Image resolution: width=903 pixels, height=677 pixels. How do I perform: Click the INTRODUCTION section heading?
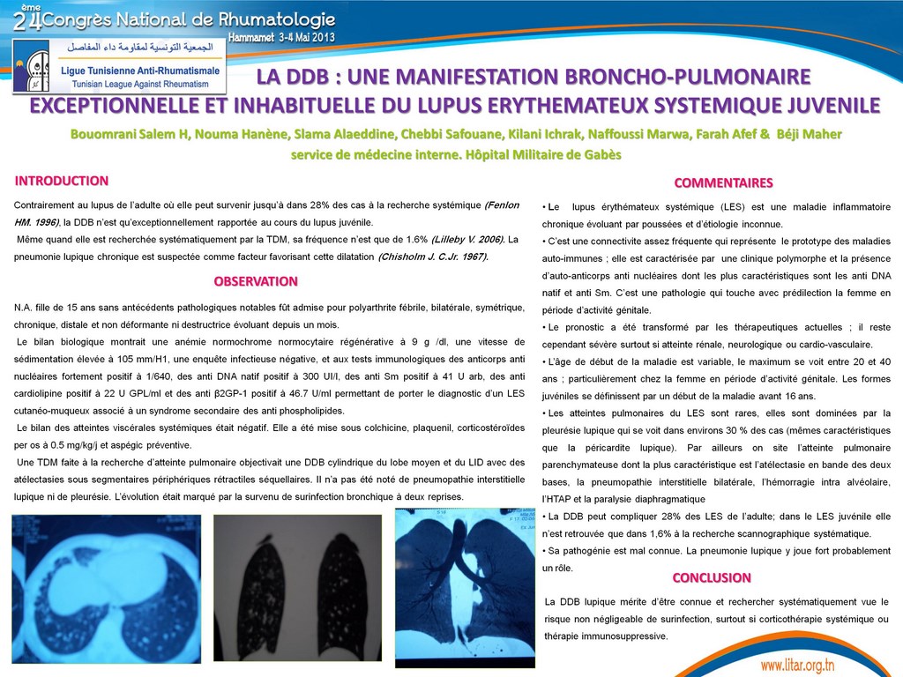tap(62, 181)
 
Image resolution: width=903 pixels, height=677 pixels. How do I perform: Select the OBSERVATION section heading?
tap(256, 281)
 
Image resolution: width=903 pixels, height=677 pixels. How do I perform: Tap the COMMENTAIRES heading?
tap(723, 183)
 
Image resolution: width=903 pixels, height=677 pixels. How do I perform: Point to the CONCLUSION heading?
tap(712, 578)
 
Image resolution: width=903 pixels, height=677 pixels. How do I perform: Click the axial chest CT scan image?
tap(106, 589)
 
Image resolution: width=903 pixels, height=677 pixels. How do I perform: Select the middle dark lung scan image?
tap(298, 587)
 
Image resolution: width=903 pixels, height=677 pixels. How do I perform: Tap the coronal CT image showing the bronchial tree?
tap(465, 587)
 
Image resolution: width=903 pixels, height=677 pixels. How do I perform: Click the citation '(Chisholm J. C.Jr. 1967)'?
tap(432, 257)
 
